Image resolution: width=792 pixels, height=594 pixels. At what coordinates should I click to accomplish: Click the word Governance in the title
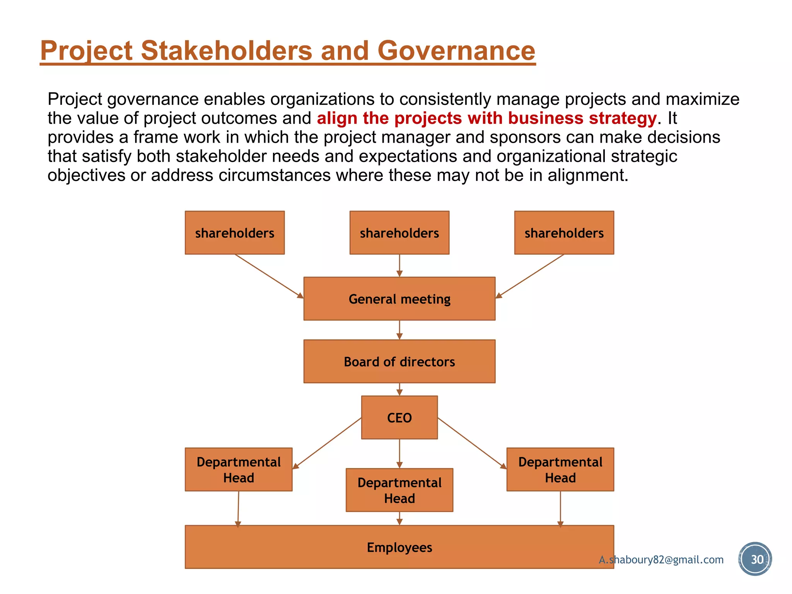[456, 51]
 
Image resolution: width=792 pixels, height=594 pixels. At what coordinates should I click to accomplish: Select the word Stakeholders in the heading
[226, 51]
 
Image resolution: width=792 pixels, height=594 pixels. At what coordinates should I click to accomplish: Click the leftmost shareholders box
[234, 233]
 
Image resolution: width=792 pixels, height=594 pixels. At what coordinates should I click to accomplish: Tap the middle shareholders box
[399, 233]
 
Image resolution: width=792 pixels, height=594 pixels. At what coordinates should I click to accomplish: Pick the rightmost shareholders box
[564, 233]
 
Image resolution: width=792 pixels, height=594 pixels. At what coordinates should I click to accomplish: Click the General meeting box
[399, 299]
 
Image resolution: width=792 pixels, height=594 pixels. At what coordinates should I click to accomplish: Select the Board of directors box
[399, 362]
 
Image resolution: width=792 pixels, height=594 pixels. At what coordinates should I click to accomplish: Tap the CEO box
[399, 418]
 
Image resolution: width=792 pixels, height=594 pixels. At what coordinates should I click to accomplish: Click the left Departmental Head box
[238, 469]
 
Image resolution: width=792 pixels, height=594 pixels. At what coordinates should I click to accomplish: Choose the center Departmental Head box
[399, 490]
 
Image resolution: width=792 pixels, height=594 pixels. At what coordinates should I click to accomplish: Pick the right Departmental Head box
[560, 469]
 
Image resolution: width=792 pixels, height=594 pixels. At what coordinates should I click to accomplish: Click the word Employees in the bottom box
[399, 547]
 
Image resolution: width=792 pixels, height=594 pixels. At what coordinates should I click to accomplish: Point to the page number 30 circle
[755, 559]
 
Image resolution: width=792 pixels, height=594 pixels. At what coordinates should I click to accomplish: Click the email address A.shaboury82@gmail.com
[661, 560]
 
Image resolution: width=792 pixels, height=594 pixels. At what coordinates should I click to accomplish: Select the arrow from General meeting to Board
[399, 330]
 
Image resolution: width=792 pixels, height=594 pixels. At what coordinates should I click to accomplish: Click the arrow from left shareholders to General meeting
[269, 276]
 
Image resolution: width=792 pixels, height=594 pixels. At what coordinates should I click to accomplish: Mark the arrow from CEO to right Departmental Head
[472, 443]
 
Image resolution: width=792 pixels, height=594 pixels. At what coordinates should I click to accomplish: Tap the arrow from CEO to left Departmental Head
[327, 443]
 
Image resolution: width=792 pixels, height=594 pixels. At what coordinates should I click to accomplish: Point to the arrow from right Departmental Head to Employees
[560, 508]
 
